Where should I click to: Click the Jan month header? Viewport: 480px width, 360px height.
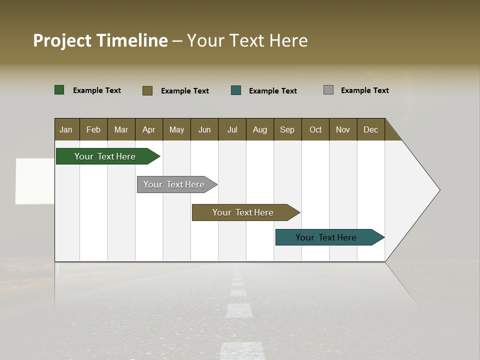66,129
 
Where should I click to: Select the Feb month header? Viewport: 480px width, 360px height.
93,129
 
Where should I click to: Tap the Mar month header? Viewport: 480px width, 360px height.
121,129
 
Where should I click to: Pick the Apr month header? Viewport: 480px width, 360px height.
149,129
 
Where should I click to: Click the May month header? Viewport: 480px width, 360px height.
176,129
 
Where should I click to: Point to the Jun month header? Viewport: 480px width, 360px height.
204,129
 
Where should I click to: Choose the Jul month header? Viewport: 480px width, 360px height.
232,129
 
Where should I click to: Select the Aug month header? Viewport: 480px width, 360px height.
260,129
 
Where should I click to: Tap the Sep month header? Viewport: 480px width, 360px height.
287,129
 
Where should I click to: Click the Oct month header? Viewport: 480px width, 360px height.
315,129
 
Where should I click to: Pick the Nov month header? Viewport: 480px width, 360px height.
343,129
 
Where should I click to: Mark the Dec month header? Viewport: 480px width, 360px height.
371,129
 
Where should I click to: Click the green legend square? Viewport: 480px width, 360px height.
59,90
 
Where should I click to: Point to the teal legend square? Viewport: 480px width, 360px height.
236,90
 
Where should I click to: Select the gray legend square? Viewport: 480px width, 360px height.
328,90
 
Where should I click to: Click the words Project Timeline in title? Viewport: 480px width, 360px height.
100,40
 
